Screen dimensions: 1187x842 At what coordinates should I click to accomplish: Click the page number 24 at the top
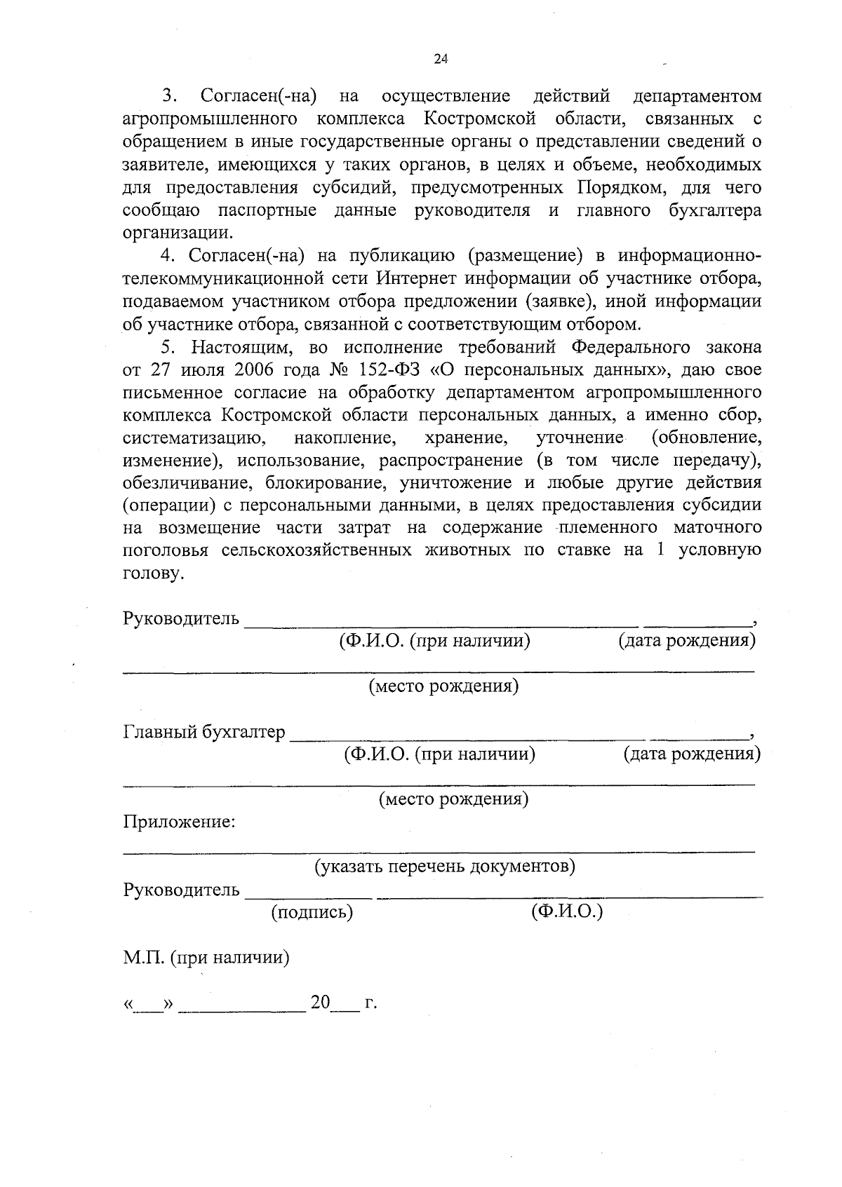[x=441, y=59]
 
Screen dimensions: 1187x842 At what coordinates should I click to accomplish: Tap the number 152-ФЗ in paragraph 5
[x=384, y=369]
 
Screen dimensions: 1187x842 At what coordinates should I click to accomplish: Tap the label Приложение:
[x=179, y=822]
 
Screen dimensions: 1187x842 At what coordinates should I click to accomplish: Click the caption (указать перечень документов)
[x=444, y=867]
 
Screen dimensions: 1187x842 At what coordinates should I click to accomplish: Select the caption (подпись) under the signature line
[x=312, y=912]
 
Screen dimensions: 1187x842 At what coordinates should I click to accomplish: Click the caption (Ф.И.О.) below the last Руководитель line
[x=567, y=911]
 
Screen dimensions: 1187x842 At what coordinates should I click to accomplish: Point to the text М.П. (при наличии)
[x=206, y=957]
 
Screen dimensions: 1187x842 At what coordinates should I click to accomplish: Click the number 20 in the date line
[x=320, y=1003]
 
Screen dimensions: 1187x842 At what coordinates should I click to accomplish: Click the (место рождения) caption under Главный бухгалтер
[x=453, y=799]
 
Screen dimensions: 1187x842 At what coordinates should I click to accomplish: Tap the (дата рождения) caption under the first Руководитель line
[x=686, y=640]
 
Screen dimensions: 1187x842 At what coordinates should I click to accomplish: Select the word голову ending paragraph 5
[x=152, y=574]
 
